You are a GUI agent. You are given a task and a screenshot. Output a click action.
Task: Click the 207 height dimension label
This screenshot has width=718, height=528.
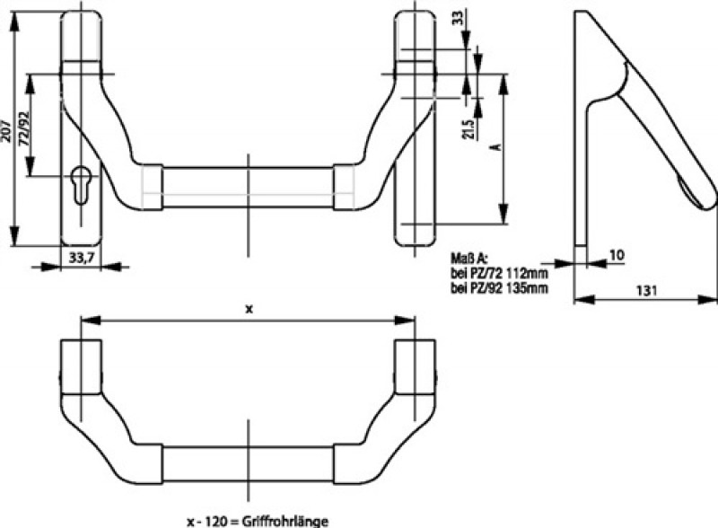[8, 134]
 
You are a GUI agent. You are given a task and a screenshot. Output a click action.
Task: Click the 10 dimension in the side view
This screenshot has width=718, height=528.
[616, 255]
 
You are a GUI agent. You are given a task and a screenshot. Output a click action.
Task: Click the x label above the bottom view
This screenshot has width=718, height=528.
[249, 308]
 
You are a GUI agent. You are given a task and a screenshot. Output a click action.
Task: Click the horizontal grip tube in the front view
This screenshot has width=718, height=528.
[247, 188]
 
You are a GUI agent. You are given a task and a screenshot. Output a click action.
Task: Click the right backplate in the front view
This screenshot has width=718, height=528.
[413, 126]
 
